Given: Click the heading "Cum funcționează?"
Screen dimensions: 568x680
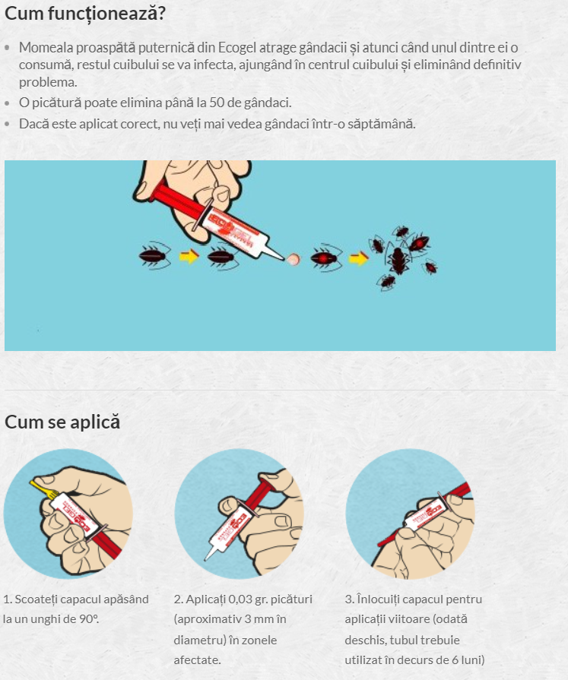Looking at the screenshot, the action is (x=85, y=14).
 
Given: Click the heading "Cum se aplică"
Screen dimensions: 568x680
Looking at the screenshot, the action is (x=62, y=422).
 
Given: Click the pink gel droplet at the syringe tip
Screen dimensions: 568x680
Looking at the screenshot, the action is (x=293, y=259).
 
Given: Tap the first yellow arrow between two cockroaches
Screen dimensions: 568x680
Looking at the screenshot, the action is (x=189, y=256).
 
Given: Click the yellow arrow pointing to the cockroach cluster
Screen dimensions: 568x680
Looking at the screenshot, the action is (x=358, y=259).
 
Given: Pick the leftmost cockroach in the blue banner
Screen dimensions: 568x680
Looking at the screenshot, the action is (x=154, y=255).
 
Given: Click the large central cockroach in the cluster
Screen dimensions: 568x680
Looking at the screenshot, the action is (x=398, y=260).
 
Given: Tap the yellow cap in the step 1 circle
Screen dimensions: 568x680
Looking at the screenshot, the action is (x=43, y=489).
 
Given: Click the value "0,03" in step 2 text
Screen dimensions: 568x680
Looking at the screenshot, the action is (x=240, y=599).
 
